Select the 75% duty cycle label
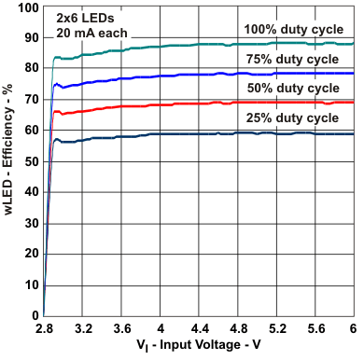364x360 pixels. (x=294, y=58)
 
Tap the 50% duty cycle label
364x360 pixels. (x=294, y=88)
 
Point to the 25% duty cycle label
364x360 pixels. (x=294, y=118)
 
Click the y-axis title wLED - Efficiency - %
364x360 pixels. (x=9, y=160)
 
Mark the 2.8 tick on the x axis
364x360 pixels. (x=44, y=329)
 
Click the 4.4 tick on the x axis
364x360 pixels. (x=199, y=329)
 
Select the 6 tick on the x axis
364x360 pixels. (x=352, y=329)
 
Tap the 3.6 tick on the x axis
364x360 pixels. (x=121, y=329)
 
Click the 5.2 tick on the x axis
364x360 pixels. (x=276, y=329)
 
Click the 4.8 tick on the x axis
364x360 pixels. (x=237, y=329)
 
